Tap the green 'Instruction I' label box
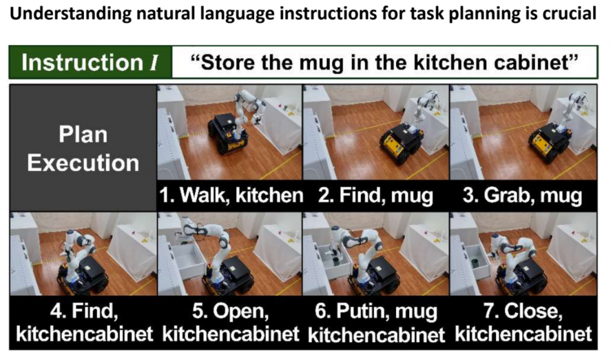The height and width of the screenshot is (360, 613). pyautogui.click(x=90, y=62)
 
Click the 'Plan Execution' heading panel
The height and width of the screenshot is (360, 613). pyautogui.click(x=83, y=148)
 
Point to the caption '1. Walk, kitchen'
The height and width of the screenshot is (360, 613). pyautogui.click(x=231, y=195)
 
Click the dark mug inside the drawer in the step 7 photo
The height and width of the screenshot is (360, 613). pyautogui.click(x=476, y=262)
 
